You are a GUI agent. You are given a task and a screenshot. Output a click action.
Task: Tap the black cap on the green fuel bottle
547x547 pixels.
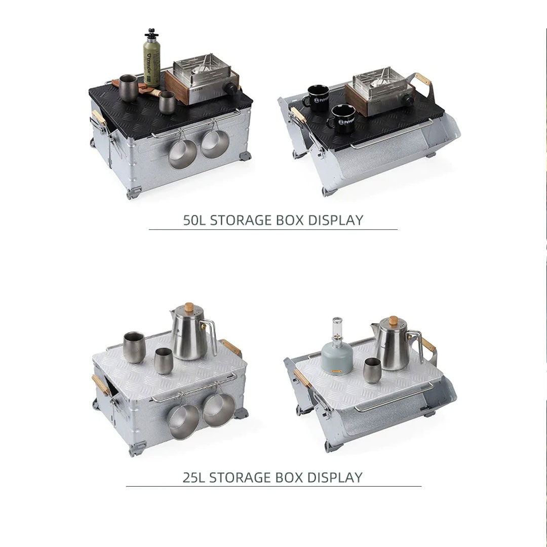(x=151, y=34)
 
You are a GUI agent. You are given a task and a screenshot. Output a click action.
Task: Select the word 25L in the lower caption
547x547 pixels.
(x=194, y=477)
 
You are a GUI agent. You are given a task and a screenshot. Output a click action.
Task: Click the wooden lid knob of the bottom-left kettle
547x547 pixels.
(x=189, y=307)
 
